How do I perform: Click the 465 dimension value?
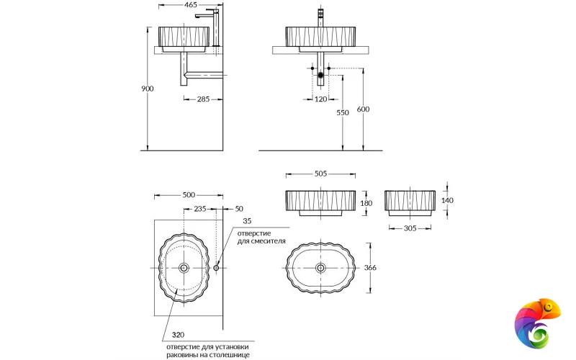(190, 5)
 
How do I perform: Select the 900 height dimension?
(147, 89)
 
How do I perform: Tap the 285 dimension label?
(203, 99)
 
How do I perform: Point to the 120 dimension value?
(321, 99)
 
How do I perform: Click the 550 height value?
(343, 113)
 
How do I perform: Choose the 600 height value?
(364, 109)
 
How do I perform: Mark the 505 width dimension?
(320, 174)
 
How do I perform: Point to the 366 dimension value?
(370, 267)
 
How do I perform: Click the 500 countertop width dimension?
(189, 195)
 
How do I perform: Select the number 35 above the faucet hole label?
(247, 221)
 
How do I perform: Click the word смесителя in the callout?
(268, 242)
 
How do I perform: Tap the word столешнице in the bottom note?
(229, 354)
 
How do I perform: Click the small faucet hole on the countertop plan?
(217, 267)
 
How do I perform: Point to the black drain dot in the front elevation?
(321, 75)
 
